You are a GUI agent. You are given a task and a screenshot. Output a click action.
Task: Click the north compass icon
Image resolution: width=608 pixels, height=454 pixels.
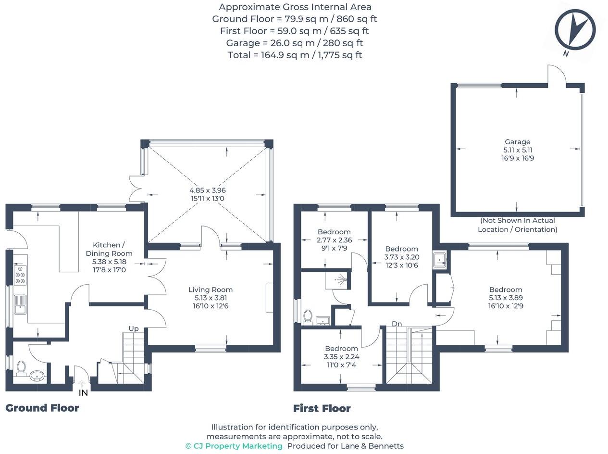(575, 29)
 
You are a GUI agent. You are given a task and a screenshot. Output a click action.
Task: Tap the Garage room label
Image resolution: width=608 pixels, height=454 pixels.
(517, 142)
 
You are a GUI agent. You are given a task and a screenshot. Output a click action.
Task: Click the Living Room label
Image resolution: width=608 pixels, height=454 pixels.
(210, 290)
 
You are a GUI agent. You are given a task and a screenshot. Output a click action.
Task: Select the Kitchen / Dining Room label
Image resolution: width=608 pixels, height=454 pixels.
(109, 249)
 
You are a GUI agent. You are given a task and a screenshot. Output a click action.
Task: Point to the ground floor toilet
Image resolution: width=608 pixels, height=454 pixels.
(21, 368)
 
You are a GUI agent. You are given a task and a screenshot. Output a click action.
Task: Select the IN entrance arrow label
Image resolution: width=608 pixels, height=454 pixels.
(83, 392)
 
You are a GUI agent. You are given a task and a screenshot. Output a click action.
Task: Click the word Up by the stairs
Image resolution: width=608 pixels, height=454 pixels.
(133, 328)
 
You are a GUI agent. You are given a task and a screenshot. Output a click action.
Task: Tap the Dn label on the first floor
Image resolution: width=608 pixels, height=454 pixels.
(397, 324)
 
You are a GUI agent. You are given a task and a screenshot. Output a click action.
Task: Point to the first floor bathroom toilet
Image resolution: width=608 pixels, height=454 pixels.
(308, 316)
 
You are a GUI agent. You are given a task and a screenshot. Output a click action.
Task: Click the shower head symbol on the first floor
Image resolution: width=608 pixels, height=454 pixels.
(342, 279)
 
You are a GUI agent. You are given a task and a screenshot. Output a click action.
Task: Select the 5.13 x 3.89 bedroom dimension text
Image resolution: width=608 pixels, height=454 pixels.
(505, 298)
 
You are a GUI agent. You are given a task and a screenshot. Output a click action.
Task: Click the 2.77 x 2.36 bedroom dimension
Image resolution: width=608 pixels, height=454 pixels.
(334, 240)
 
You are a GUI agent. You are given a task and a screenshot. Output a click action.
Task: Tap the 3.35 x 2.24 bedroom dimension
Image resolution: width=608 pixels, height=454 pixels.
(341, 357)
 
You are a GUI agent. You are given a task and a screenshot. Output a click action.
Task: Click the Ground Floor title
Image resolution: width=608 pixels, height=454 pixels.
(42, 408)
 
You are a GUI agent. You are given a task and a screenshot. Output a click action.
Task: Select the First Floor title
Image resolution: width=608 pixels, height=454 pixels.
(322, 408)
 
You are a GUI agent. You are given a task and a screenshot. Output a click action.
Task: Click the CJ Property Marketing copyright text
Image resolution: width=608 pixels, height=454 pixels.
(234, 446)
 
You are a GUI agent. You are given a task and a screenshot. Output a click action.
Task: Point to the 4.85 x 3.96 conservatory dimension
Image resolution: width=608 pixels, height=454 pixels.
(208, 190)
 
